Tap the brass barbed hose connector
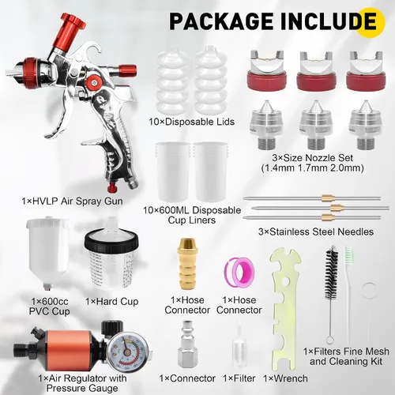pos(187,264)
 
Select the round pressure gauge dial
pos(127,352)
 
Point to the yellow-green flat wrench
pos(286,308)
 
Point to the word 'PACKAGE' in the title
pos(221,21)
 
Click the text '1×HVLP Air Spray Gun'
pos(72,201)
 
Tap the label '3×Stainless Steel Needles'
pos(316,231)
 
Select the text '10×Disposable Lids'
pos(191,122)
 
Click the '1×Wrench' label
pos(285,378)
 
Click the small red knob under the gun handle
pos(113,187)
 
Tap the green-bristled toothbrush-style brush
pos(348,295)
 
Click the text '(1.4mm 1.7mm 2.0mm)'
pos(312,168)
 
